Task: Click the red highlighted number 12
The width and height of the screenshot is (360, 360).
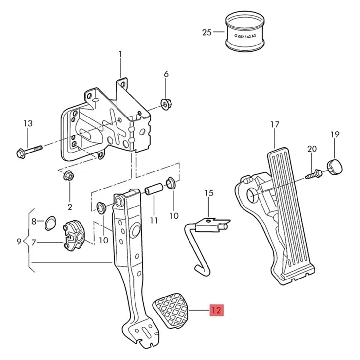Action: click(216, 310)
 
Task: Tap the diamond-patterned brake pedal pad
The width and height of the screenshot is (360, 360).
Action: click(171, 309)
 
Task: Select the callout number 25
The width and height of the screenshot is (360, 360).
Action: click(207, 32)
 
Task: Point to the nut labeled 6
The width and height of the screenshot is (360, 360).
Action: click(167, 104)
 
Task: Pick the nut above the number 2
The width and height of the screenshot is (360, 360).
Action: click(69, 176)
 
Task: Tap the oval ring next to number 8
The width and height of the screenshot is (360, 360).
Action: click(50, 223)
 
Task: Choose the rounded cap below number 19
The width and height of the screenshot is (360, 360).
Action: click(334, 166)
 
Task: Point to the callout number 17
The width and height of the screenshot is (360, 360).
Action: click(275, 125)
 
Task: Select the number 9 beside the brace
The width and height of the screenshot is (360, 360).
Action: click(19, 242)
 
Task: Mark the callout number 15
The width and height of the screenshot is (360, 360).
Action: click(209, 193)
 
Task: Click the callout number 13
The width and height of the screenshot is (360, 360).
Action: click(28, 123)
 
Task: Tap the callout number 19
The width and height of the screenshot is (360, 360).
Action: click(335, 134)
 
